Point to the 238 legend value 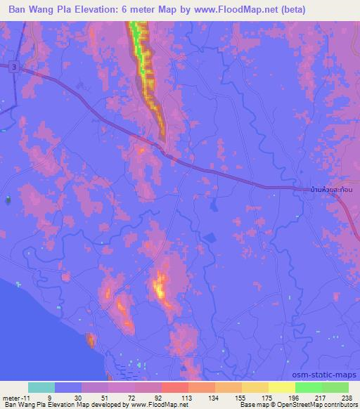click(347, 397)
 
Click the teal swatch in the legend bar click(41, 387)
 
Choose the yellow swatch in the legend click(255, 387)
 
